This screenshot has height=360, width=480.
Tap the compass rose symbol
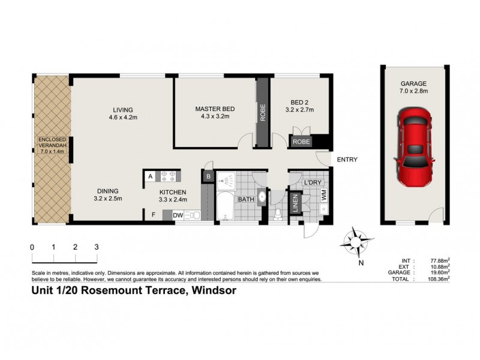(355, 242)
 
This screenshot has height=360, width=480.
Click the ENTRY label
(347, 160)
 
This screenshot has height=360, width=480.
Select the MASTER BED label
(215, 109)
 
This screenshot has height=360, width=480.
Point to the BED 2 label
(299, 105)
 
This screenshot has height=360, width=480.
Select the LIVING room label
(122, 109)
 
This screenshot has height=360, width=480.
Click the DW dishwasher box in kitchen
(178, 215)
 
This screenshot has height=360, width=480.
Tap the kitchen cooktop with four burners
(169, 176)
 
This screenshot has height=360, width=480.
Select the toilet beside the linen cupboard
(278, 213)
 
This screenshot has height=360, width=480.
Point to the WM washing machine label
(323, 196)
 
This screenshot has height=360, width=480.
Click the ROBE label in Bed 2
(301, 142)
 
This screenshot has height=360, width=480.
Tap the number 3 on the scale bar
(96, 247)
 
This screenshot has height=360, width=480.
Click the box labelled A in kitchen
(149, 176)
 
